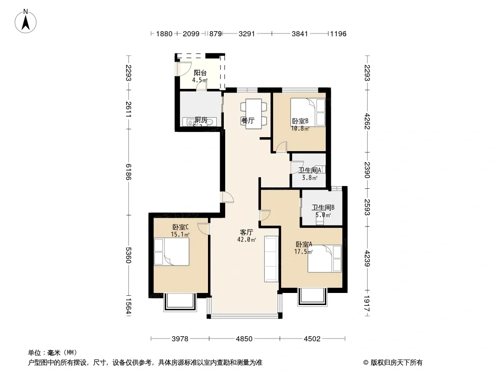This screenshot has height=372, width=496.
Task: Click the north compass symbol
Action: tap(26, 21)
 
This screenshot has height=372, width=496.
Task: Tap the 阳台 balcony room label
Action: tap(200, 73)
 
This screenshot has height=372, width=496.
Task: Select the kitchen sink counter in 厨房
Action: tap(199, 122)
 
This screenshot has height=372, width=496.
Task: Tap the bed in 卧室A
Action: tap(325, 259)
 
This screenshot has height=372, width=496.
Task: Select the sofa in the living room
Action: tap(271, 259)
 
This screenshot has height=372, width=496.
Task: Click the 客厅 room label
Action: tap(246, 232)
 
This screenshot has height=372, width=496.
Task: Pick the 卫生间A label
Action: tap(310, 170)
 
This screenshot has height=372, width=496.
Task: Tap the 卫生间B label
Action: tap(323, 208)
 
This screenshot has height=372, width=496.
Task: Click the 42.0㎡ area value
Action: tap(246, 240)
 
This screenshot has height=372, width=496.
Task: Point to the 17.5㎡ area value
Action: tap(303, 252)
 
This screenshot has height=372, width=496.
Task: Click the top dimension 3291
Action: tap(247, 34)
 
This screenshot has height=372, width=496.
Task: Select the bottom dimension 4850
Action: tap(243, 339)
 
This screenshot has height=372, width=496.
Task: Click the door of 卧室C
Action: tap(203, 229)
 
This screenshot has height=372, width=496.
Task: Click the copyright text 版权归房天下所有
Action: tap(393, 363)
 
